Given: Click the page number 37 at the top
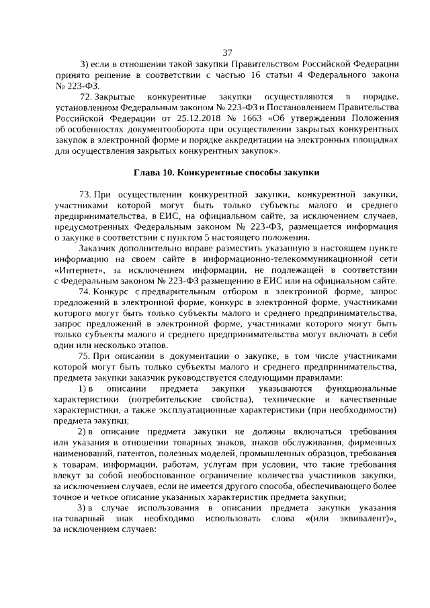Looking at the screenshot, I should pos(227,53).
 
